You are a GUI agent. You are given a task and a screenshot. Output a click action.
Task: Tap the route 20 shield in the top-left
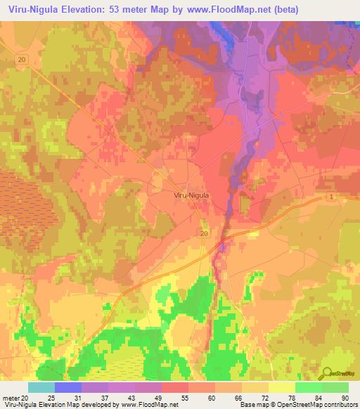[22, 60]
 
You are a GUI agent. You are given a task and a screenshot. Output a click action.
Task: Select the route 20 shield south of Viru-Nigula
[204, 233]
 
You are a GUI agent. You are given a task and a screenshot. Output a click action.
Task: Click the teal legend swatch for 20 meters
[41, 387]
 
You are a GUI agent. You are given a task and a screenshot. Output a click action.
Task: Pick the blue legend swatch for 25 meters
[67, 387]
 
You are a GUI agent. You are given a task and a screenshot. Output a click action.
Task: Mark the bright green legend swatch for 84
[308, 387]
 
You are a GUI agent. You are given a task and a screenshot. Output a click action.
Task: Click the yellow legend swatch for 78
[281, 387]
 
